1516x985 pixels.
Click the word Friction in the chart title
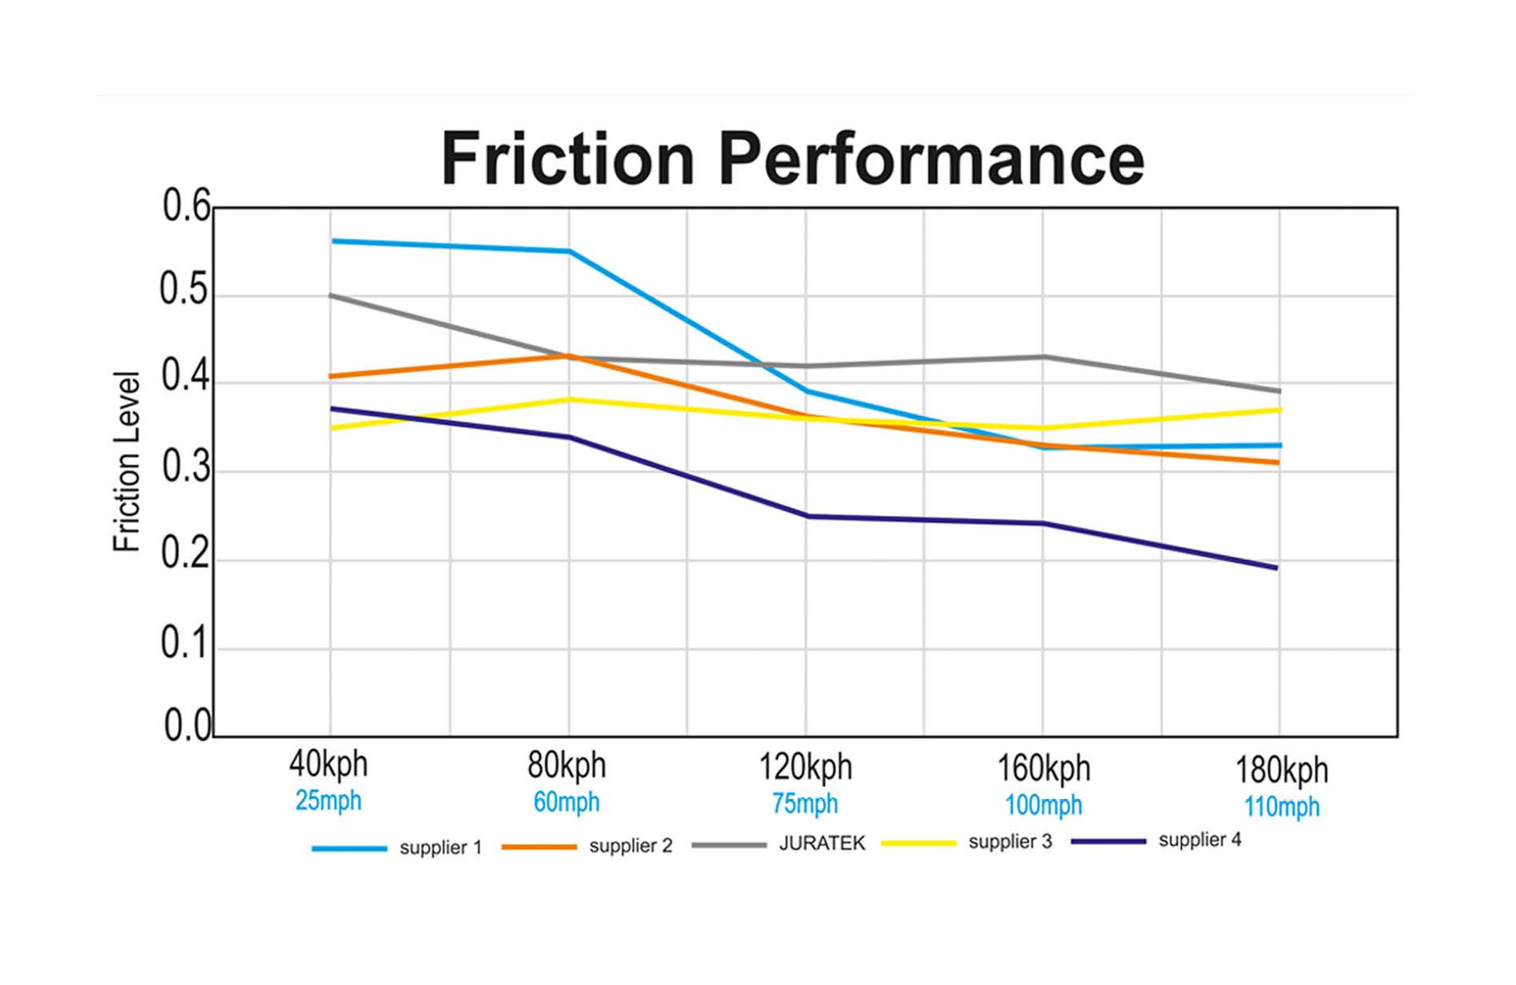567,159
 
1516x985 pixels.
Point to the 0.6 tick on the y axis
186,206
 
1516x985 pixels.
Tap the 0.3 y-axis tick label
186,468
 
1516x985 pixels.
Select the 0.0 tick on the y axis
186,726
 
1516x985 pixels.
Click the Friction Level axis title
126,462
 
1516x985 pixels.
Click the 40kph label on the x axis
328,764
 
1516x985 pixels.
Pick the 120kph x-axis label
804,767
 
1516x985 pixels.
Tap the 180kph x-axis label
1281,770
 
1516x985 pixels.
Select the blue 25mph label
328,801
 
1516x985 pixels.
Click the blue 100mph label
1043,805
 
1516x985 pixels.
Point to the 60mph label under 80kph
566,802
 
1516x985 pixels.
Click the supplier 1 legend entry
440,848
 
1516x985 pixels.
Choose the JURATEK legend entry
822,843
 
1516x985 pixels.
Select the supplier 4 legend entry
1200,840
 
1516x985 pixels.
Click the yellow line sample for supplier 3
918,843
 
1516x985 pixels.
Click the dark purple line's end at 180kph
1277,568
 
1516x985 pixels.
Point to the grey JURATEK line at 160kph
1043,356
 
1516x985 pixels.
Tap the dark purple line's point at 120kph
807,517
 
